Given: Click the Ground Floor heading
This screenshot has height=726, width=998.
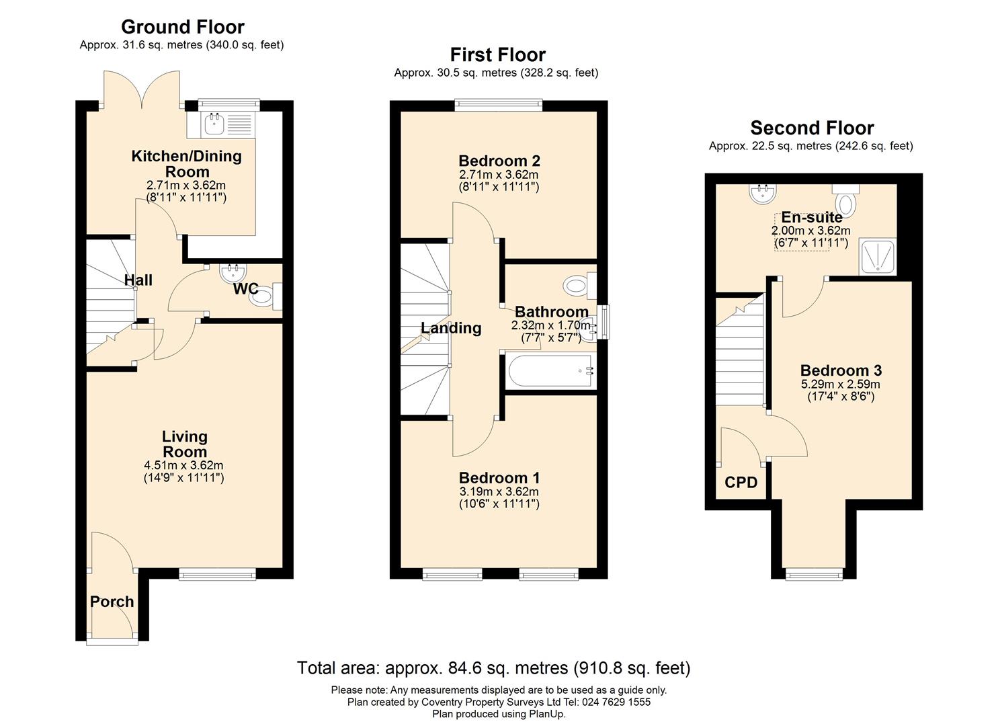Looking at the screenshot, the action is click(183, 27).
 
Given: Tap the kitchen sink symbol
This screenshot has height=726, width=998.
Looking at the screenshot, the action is click(215, 124).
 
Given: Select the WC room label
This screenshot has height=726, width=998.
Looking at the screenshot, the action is click(245, 289).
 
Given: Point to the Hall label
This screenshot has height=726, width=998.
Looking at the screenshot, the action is click(138, 280).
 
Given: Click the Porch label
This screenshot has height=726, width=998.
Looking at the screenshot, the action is click(112, 602).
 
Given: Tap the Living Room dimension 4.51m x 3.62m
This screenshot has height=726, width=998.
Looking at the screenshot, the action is click(183, 465).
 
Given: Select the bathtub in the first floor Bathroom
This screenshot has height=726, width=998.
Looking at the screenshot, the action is click(550, 370).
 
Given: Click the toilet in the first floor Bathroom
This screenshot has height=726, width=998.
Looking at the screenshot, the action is click(579, 285).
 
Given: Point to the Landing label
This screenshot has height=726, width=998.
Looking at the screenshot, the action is click(451, 328).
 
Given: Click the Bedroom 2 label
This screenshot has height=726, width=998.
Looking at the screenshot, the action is click(499, 161).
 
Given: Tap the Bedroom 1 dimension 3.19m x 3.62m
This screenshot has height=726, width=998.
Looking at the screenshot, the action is click(499, 492).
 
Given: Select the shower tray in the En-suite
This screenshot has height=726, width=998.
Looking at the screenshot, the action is click(877, 256).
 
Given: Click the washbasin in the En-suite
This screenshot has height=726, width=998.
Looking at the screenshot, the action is click(763, 194).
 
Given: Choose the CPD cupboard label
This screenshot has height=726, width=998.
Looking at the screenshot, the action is click(741, 482).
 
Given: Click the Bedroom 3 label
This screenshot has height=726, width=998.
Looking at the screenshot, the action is click(841, 370).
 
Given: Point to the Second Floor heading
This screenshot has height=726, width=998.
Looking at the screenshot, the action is click(812, 128).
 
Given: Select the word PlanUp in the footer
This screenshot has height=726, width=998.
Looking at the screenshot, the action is click(547, 715).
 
